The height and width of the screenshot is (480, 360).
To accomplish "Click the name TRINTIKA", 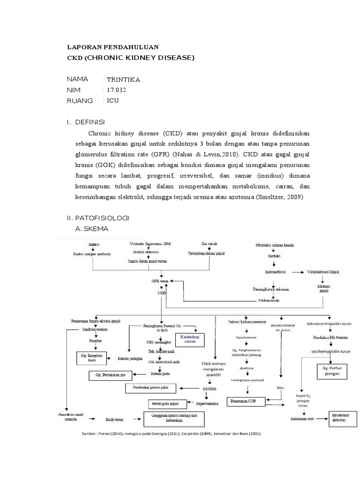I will pos(123,79).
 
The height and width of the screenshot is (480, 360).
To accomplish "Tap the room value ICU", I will pos(112,101).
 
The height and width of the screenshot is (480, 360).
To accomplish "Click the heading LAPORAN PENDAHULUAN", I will pos(113,47).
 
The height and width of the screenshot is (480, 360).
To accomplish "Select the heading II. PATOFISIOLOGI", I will pos(98,219).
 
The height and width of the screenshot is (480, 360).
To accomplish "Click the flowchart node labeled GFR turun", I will pos(157,281).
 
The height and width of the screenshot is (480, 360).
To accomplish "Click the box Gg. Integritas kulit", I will pos(92,359).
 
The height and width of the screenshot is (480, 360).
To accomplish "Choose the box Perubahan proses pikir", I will pos(153,388).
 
